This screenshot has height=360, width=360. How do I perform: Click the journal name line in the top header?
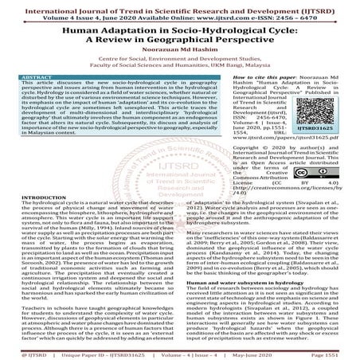click(179, 6)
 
